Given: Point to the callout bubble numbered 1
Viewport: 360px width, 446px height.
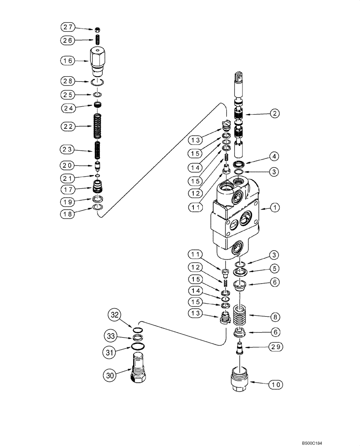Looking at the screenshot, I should [x=275, y=208].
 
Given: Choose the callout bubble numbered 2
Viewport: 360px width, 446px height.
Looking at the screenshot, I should [x=275, y=114].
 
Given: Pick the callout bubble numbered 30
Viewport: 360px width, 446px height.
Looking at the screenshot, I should [x=110, y=376].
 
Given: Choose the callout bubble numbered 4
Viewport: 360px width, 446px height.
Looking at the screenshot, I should [x=275, y=156].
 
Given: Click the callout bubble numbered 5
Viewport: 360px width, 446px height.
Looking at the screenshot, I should [x=275, y=268].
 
